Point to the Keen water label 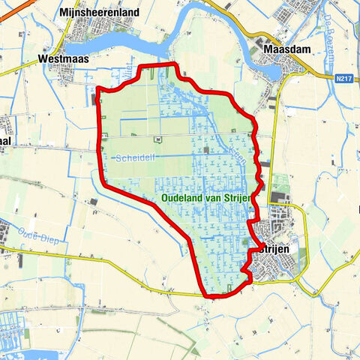pyautogui.click(x=234, y=152)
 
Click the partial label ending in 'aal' pyautogui.click(x=7, y=148)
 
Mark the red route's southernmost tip pyautogui.click(x=214, y=296)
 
